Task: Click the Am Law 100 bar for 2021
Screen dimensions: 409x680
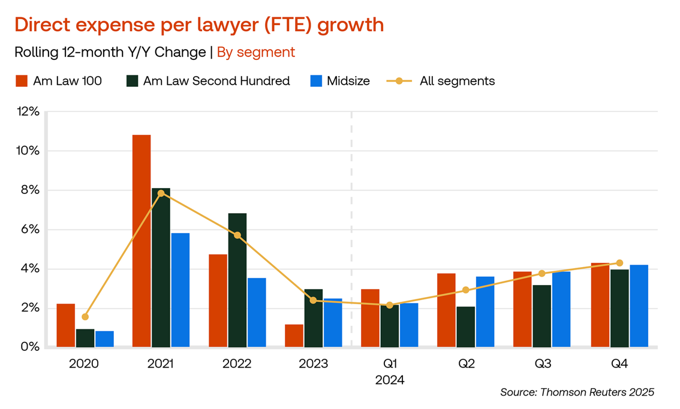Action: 142,241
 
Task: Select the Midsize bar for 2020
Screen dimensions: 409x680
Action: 104,339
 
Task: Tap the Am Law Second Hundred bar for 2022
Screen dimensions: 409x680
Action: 237,280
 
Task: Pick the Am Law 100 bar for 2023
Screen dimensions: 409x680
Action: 294,335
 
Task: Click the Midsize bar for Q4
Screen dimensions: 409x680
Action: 639,305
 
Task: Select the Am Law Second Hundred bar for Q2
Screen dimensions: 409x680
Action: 465,326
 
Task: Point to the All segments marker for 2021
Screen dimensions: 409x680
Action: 161,193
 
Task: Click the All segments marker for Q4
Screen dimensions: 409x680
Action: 619,263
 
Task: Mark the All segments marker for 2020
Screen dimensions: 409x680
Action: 85,317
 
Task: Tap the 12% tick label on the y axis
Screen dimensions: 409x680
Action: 28,112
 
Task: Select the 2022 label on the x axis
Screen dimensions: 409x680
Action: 237,363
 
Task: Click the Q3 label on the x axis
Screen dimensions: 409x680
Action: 542,363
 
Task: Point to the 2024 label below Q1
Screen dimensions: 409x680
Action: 390,380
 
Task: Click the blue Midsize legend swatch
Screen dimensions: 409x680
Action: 316,81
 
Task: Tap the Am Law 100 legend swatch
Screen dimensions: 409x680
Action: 22,81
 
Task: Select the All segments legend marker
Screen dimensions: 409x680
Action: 399,81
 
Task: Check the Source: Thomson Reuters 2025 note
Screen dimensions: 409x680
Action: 577,392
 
